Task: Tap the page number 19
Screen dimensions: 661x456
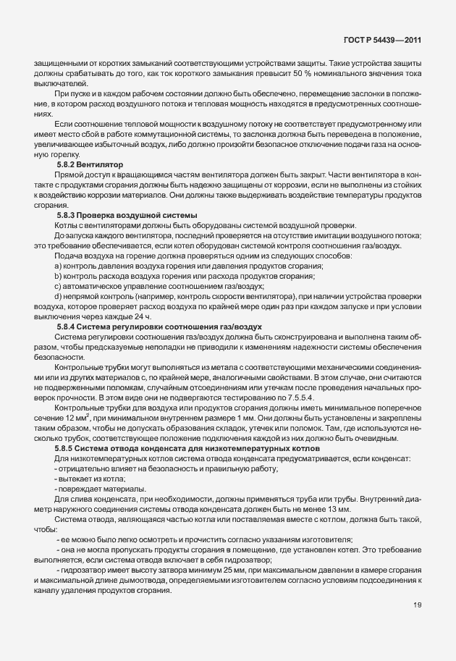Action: pos(418,626)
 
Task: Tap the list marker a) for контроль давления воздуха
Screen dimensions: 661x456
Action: pos(57,266)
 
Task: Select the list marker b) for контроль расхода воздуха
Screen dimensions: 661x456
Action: pos(57,277)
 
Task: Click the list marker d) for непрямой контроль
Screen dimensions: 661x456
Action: pos(57,297)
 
